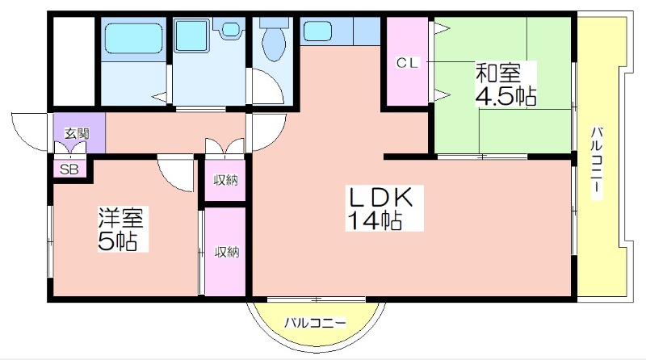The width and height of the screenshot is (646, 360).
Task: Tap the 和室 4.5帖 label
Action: [x=506, y=85]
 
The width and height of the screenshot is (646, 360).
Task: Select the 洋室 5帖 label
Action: [x=120, y=229]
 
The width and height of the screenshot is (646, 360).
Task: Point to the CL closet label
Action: [x=408, y=63]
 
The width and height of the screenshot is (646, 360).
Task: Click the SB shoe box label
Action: [x=69, y=170]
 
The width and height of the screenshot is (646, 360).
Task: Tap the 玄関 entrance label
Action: [x=77, y=133]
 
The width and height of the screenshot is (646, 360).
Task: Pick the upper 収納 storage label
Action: [x=226, y=180]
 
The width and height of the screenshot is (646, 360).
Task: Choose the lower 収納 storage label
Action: [x=227, y=252]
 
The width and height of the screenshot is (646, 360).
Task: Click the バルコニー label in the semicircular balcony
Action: [x=315, y=322]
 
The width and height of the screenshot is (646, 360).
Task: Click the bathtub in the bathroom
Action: [x=133, y=38]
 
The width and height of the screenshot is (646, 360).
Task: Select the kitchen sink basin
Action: [x=317, y=31]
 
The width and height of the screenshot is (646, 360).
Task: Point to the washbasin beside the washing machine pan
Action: [x=229, y=30]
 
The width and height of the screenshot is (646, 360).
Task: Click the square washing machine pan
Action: [x=191, y=36]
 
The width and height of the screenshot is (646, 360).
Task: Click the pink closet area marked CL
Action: [x=408, y=61]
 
